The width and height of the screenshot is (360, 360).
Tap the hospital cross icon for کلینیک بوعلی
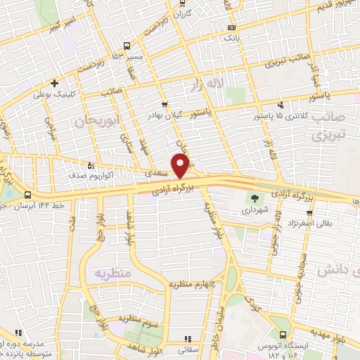54,82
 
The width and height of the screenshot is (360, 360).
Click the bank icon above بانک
231,27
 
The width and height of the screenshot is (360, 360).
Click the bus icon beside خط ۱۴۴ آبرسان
27,194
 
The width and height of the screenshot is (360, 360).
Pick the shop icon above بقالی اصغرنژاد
307,211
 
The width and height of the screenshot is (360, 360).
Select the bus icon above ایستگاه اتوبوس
283,335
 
